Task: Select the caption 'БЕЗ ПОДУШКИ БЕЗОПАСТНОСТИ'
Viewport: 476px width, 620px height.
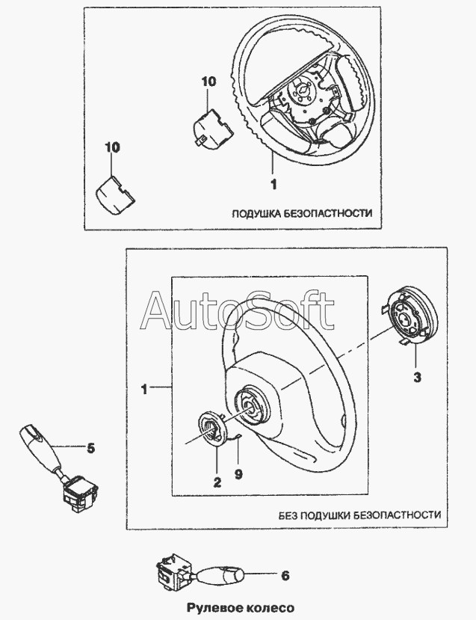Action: click(x=359, y=515)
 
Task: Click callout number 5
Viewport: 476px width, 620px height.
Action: click(x=90, y=449)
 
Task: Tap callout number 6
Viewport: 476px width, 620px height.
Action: click(x=285, y=576)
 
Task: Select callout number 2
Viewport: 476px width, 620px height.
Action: click(x=217, y=482)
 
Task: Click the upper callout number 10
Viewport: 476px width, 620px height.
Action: click(x=207, y=82)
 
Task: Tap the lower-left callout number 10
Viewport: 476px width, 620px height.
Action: click(x=111, y=150)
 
